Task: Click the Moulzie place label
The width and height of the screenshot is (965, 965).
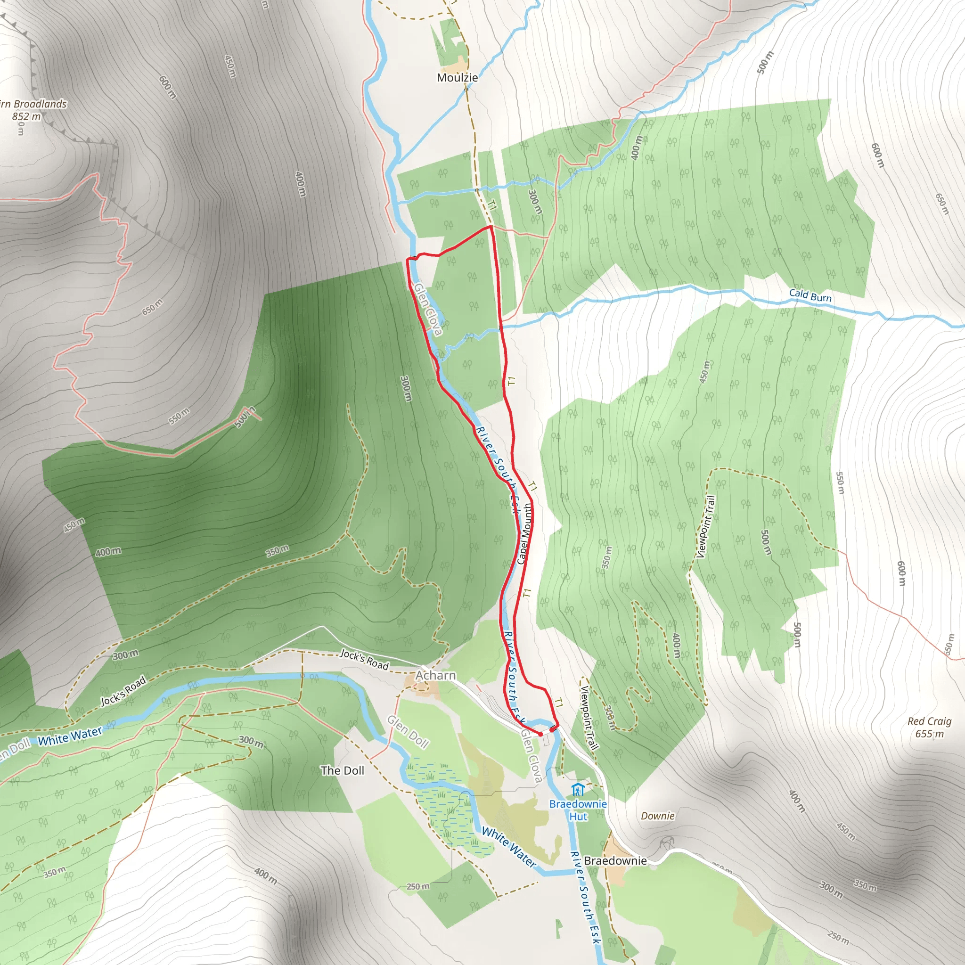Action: click(x=457, y=77)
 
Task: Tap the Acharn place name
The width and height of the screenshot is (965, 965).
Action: click(x=435, y=675)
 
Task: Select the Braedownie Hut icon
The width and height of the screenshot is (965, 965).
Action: click(x=579, y=790)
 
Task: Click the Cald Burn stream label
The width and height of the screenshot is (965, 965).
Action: click(x=810, y=296)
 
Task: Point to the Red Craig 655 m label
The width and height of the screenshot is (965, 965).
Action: click(x=929, y=727)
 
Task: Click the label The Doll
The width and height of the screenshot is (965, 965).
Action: click(x=342, y=771)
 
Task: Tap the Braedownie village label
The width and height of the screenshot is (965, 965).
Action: click(x=615, y=860)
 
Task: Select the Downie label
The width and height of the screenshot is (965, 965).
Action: click(x=657, y=816)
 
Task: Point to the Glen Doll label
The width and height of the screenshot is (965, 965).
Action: click(x=408, y=732)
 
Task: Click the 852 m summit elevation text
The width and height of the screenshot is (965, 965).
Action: click(x=26, y=116)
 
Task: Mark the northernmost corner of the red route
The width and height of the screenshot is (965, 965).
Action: click(x=491, y=226)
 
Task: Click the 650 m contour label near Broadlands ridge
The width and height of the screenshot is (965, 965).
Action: click(x=152, y=307)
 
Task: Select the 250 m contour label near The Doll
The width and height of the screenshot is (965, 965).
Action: click(x=417, y=887)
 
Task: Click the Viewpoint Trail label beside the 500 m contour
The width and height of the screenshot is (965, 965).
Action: click(x=705, y=527)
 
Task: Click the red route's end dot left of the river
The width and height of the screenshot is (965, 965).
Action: click(x=540, y=734)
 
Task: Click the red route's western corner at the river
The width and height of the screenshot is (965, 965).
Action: click(x=408, y=260)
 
